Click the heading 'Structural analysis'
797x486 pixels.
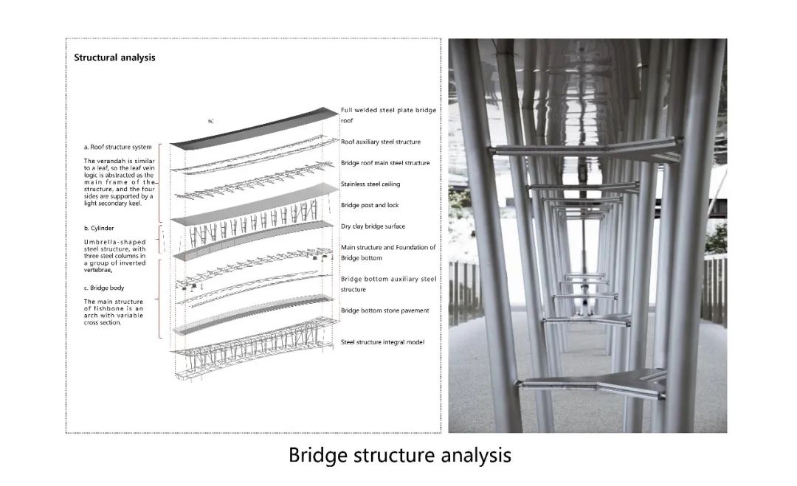114,58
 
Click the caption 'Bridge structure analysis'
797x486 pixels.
399,454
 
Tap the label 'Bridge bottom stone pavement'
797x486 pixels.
384,310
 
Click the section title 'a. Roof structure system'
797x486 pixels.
118,147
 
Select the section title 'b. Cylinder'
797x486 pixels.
99,229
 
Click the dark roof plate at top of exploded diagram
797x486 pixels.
255,127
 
